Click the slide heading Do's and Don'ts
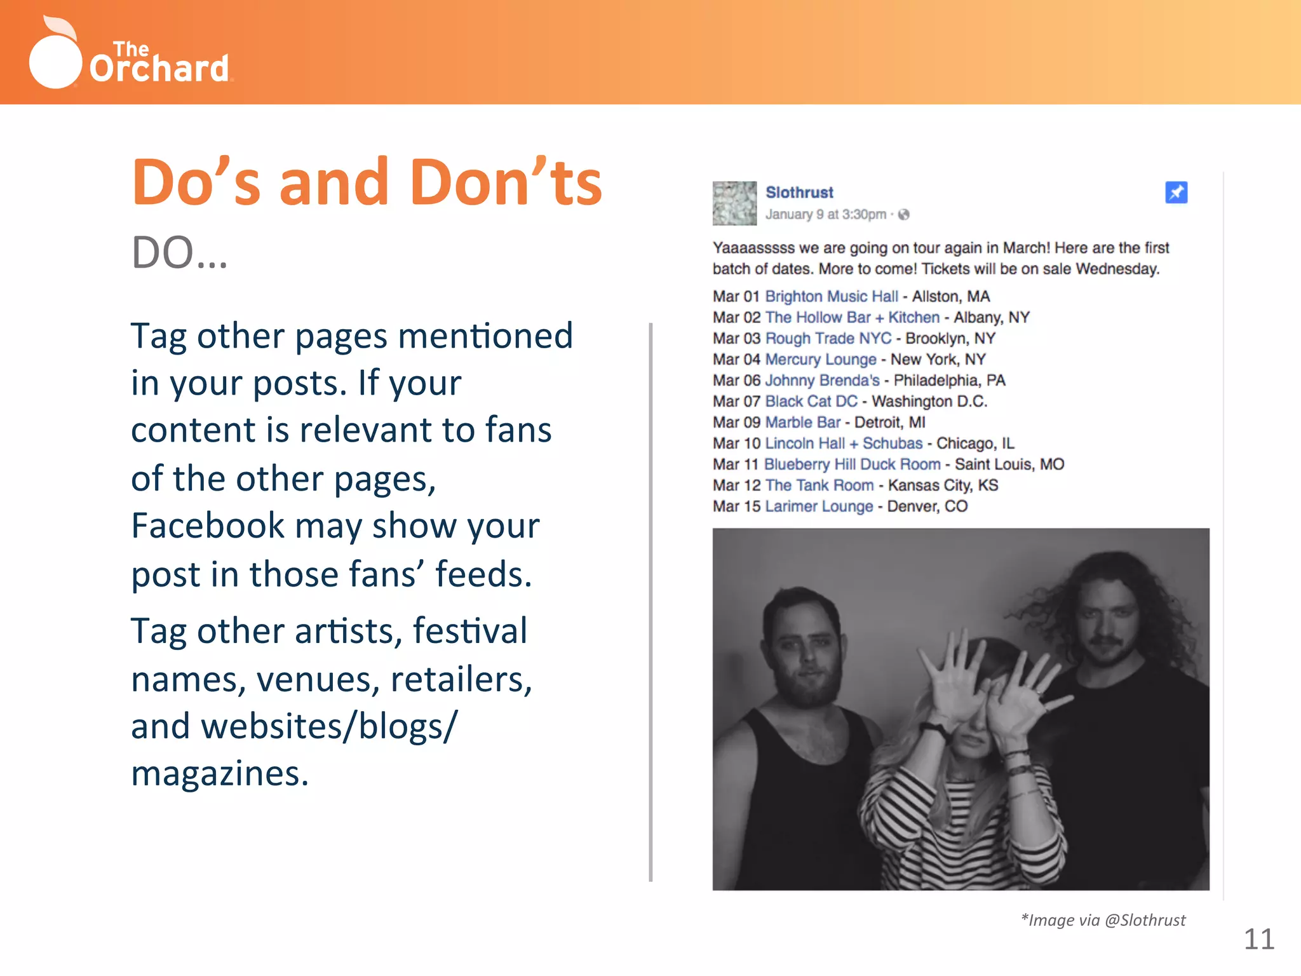pyautogui.click(x=367, y=183)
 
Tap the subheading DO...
pyautogui.click(x=179, y=253)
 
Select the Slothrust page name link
pyautogui.click(x=799, y=193)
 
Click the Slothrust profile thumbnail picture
pyautogui.click(x=734, y=203)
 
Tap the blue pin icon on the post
pyautogui.click(x=1176, y=193)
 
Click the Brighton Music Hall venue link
pyautogui.click(x=831, y=297)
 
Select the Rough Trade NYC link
pyautogui.click(x=828, y=339)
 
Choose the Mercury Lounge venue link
pyautogui.click(x=820, y=360)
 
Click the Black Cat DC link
pyautogui.click(x=811, y=402)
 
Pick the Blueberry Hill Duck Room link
pyautogui.click(x=852, y=464)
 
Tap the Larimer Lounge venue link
pyautogui.click(x=819, y=506)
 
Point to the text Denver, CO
pyautogui.click(x=927, y=506)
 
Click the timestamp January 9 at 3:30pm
pyautogui.click(x=825, y=215)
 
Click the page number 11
pyautogui.click(x=1258, y=939)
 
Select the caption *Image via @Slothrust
pyautogui.click(x=1103, y=920)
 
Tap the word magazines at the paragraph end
pyautogui.click(x=219, y=774)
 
